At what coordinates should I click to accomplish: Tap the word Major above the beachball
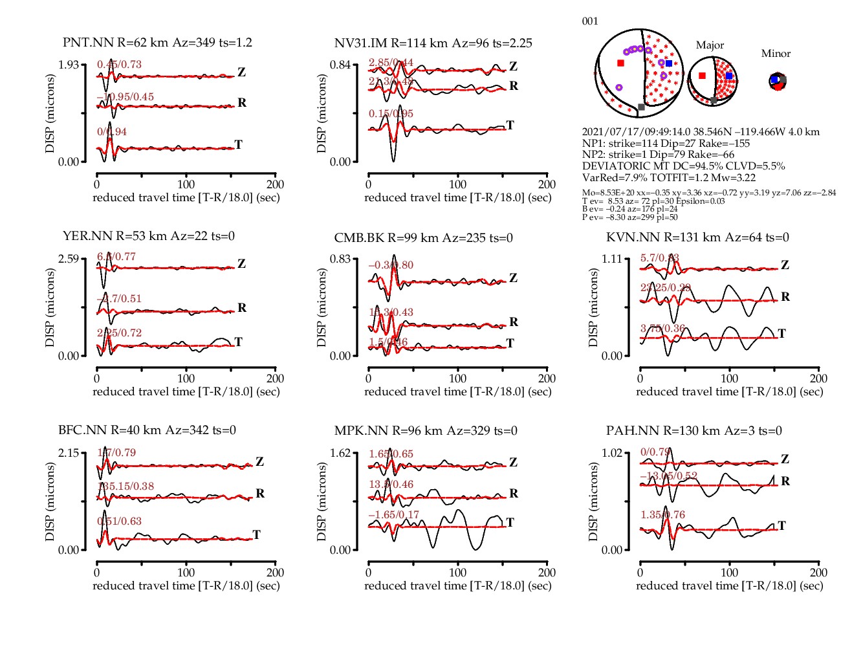click(x=710, y=45)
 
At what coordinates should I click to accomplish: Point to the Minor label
click(x=776, y=54)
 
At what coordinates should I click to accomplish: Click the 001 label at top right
click(x=590, y=21)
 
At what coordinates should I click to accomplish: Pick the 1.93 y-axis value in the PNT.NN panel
click(x=69, y=65)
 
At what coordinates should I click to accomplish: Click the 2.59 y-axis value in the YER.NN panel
click(x=69, y=259)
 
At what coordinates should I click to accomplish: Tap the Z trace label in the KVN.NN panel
click(x=785, y=265)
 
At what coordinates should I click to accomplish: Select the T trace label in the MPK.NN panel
click(x=510, y=523)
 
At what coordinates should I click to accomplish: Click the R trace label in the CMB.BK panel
click(x=514, y=322)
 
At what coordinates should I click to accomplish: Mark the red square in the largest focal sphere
click(x=621, y=63)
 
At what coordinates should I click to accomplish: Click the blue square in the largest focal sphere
click(x=669, y=63)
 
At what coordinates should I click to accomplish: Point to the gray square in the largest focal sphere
click(x=641, y=107)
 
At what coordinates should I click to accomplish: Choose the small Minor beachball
click(x=778, y=82)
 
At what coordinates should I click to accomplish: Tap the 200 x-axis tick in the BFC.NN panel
click(x=275, y=573)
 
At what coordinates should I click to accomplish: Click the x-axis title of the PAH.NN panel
click(x=729, y=586)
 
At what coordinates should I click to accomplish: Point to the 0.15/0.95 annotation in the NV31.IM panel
click(x=391, y=114)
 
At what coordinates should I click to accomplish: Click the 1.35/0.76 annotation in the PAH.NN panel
click(x=662, y=515)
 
